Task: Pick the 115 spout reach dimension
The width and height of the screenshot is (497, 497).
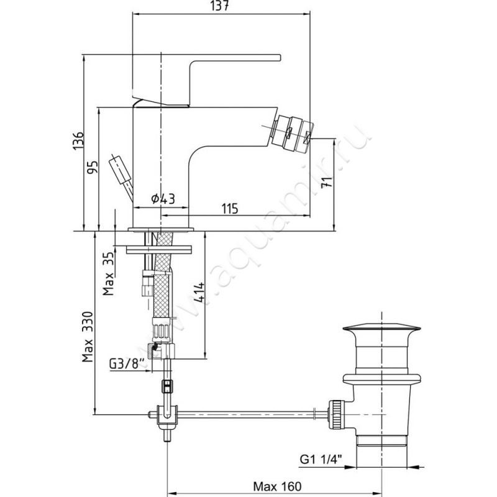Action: pos(230,209)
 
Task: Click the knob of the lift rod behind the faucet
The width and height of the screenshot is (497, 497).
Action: pos(117,166)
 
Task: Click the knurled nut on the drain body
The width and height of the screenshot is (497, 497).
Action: pos(336,414)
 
